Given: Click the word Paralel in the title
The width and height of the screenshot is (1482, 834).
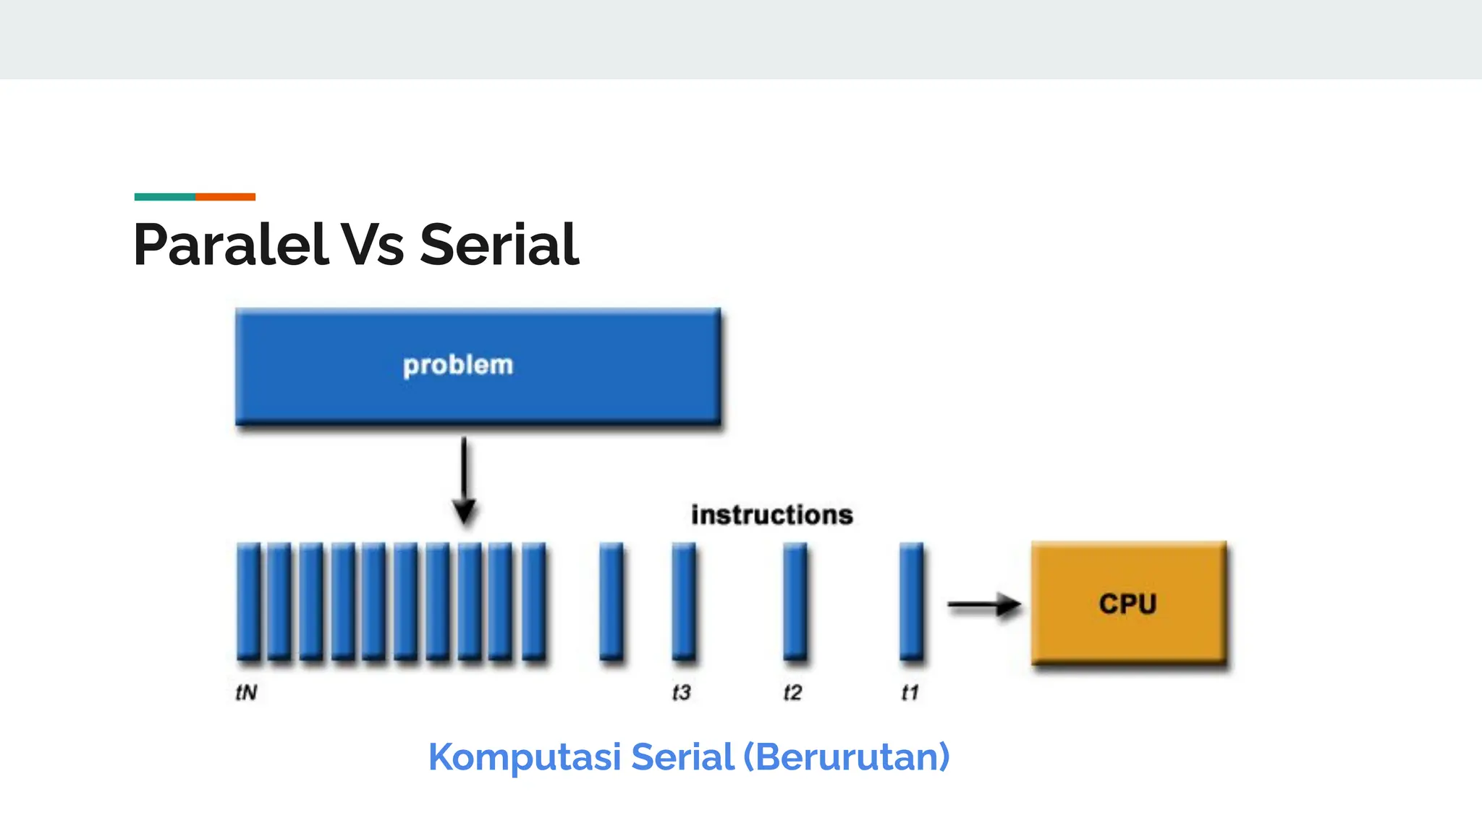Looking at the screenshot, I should [230, 245].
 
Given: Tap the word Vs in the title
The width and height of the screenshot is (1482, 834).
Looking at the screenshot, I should [372, 245].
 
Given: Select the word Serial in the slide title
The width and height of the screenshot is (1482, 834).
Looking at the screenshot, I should [499, 245].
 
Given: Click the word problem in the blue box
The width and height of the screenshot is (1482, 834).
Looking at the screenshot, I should [457, 365].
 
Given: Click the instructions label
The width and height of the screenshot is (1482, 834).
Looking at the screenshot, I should [771, 515].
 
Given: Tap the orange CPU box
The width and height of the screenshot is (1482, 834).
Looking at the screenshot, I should [1128, 602].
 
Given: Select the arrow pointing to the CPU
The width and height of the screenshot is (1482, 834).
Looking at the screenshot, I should [983, 604].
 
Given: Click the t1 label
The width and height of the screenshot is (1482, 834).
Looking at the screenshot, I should [910, 693].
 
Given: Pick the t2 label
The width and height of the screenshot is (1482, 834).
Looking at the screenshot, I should [792, 693].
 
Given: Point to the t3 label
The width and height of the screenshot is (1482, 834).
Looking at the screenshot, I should [681, 693].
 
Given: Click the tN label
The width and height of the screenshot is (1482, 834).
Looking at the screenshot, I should [246, 693].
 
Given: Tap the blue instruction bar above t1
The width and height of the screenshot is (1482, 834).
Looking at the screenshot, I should [911, 601].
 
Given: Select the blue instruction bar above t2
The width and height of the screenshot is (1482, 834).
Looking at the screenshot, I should [795, 601].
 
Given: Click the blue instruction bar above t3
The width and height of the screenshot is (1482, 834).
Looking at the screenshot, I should [683, 601].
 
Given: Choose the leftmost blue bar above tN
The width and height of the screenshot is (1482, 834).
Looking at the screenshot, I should [248, 601].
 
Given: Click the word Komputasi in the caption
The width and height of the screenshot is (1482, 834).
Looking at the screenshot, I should [525, 757].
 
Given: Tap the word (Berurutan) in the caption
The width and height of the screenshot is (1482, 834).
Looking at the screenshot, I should [846, 757].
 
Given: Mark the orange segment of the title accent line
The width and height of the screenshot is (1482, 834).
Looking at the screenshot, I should [225, 197].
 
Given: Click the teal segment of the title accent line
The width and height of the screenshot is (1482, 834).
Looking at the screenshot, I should [164, 197].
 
